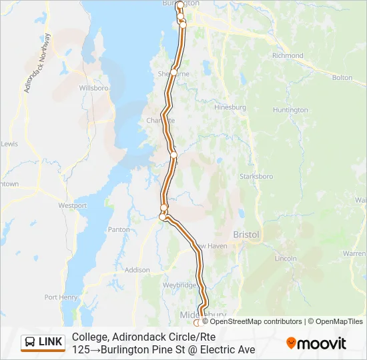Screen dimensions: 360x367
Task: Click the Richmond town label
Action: (288, 55)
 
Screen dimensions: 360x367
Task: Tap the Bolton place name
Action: (342, 77)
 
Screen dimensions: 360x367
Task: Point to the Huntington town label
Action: (290, 110)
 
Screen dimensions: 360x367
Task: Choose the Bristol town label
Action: (246, 235)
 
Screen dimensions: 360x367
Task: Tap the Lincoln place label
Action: (286, 258)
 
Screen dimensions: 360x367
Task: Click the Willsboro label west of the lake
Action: (93, 87)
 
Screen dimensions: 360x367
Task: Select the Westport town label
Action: (73, 205)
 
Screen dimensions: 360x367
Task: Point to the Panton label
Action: (119, 229)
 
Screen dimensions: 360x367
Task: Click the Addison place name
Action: (137, 270)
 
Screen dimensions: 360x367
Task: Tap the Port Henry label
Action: (61, 297)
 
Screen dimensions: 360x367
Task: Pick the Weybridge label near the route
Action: (179, 285)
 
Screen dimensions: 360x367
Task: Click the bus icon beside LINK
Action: (30, 342)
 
